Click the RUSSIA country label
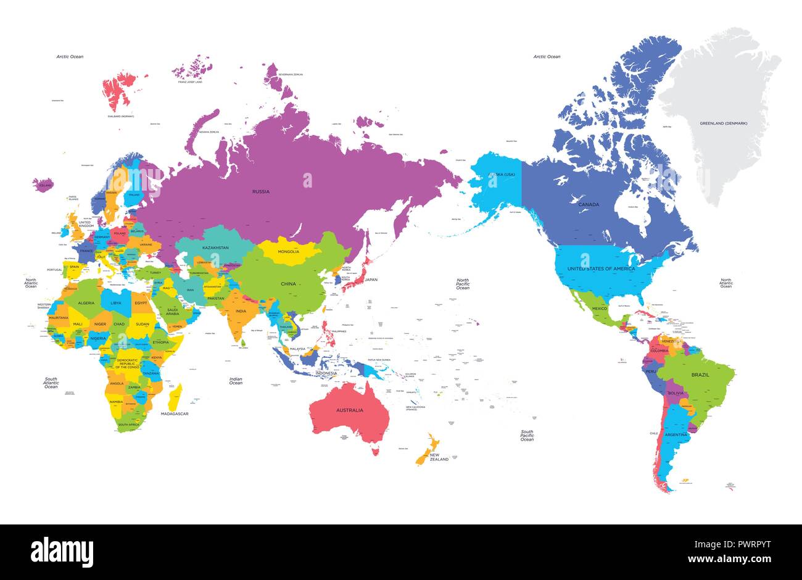(260, 192)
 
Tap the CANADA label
(589, 204)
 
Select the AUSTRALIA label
(349, 410)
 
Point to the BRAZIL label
(700, 375)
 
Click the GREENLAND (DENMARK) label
(723, 123)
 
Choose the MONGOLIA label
(288, 251)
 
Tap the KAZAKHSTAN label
(216, 248)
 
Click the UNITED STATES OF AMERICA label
(601, 268)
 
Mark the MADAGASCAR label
(175, 413)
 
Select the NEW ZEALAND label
(439, 458)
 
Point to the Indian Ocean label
(236, 381)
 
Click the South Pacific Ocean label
(527, 436)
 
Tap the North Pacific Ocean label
(463, 284)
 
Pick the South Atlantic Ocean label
(51, 383)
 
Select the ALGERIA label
(85, 303)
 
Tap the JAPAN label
(371, 280)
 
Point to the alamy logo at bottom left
(62, 550)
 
